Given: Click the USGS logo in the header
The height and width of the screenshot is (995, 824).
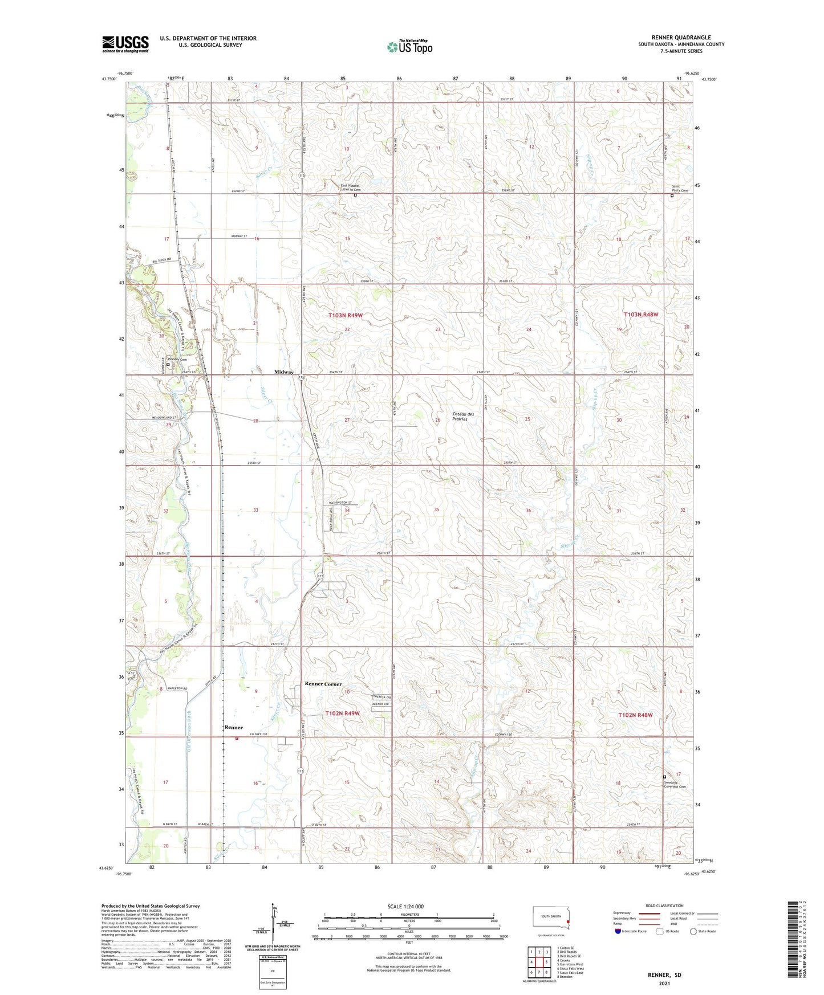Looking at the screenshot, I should [125, 44].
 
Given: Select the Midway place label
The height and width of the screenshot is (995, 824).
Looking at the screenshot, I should [283, 372].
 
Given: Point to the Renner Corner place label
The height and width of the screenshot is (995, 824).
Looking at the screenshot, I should [323, 684].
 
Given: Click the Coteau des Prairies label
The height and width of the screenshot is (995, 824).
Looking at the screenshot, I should [460, 417].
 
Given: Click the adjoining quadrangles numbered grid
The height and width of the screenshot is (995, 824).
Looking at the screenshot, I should [538, 961].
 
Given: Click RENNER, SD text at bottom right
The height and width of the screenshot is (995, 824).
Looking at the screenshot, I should [664, 975].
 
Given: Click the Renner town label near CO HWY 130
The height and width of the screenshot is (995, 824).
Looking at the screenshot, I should [233, 728].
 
